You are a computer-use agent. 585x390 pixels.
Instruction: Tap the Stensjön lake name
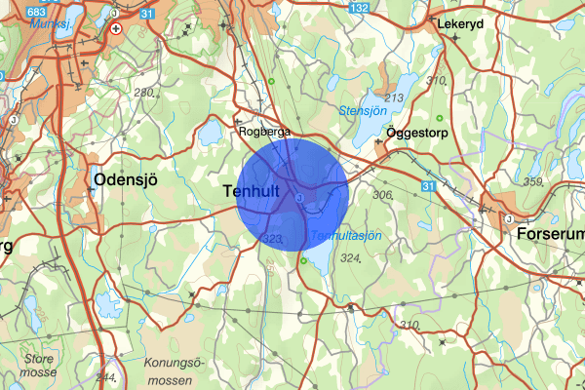point(362,112)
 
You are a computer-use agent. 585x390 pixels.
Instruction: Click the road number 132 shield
point(360,8)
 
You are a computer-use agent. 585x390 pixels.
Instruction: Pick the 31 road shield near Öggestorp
point(430,185)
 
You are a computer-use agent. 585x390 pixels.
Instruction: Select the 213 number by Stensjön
point(395,98)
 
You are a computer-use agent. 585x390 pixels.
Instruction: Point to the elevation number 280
point(145,93)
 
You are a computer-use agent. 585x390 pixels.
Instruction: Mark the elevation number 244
point(105,376)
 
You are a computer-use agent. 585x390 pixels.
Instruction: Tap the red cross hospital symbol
point(117,28)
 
